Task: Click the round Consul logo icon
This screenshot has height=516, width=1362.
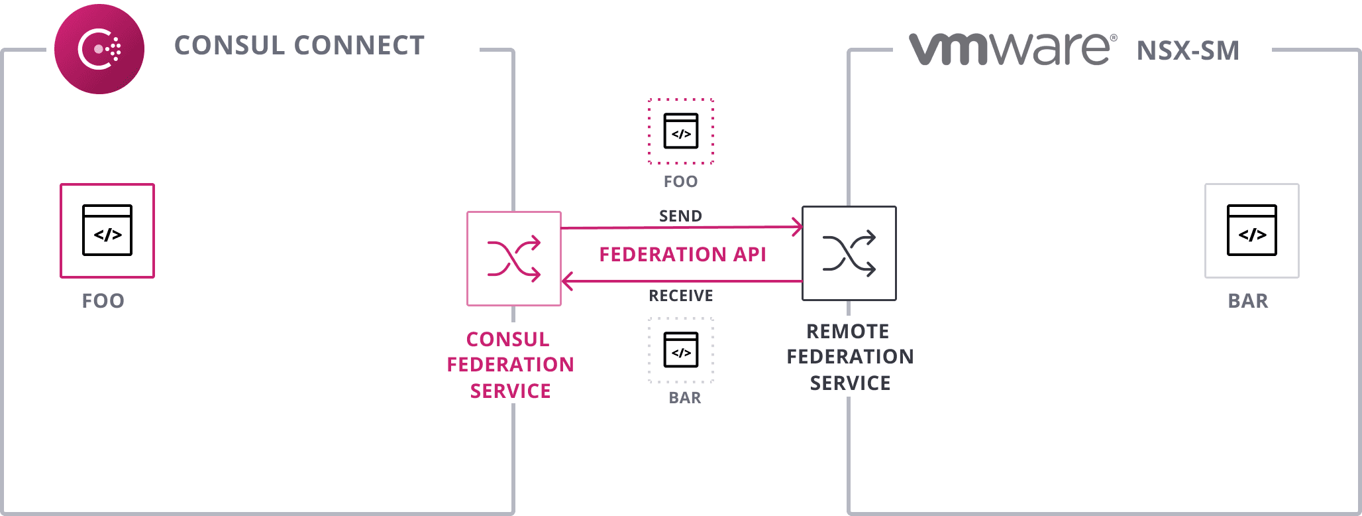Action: pyautogui.click(x=99, y=49)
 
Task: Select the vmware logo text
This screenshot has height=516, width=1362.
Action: pyautogui.click(x=1011, y=49)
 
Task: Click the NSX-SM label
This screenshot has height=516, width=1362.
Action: pyautogui.click(x=1188, y=51)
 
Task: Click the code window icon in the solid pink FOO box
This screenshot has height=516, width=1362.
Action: pyautogui.click(x=107, y=230)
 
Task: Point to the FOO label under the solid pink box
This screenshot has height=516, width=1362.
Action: pyautogui.click(x=103, y=301)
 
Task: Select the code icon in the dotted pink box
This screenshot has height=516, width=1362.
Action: pyautogui.click(x=681, y=131)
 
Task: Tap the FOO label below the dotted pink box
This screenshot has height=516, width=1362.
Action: pyautogui.click(x=681, y=182)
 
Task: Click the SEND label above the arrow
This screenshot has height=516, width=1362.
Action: pyautogui.click(x=680, y=216)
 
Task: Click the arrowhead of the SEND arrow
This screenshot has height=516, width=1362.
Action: pyautogui.click(x=798, y=227)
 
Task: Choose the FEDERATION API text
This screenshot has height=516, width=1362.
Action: pyautogui.click(x=682, y=255)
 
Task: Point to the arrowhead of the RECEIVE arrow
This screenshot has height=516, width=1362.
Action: pyautogui.click(x=566, y=281)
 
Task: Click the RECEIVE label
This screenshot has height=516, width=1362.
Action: pyautogui.click(x=681, y=296)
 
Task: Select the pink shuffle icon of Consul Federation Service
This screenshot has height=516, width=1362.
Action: pyautogui.click(x=514, y=259)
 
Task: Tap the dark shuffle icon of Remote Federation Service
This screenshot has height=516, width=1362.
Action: pyautogui.click(x=849, y=253)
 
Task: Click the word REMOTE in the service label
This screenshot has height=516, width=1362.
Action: pyautogui.click(x=848, y=332)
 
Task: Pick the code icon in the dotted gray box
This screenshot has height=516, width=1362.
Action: pyautogui.click(x=681, y=350)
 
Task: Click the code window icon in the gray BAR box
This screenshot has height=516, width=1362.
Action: pyautogui.click(x=1252, y=230)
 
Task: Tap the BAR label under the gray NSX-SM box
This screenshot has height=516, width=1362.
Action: pyautogui.click(x=1248, y=301)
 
